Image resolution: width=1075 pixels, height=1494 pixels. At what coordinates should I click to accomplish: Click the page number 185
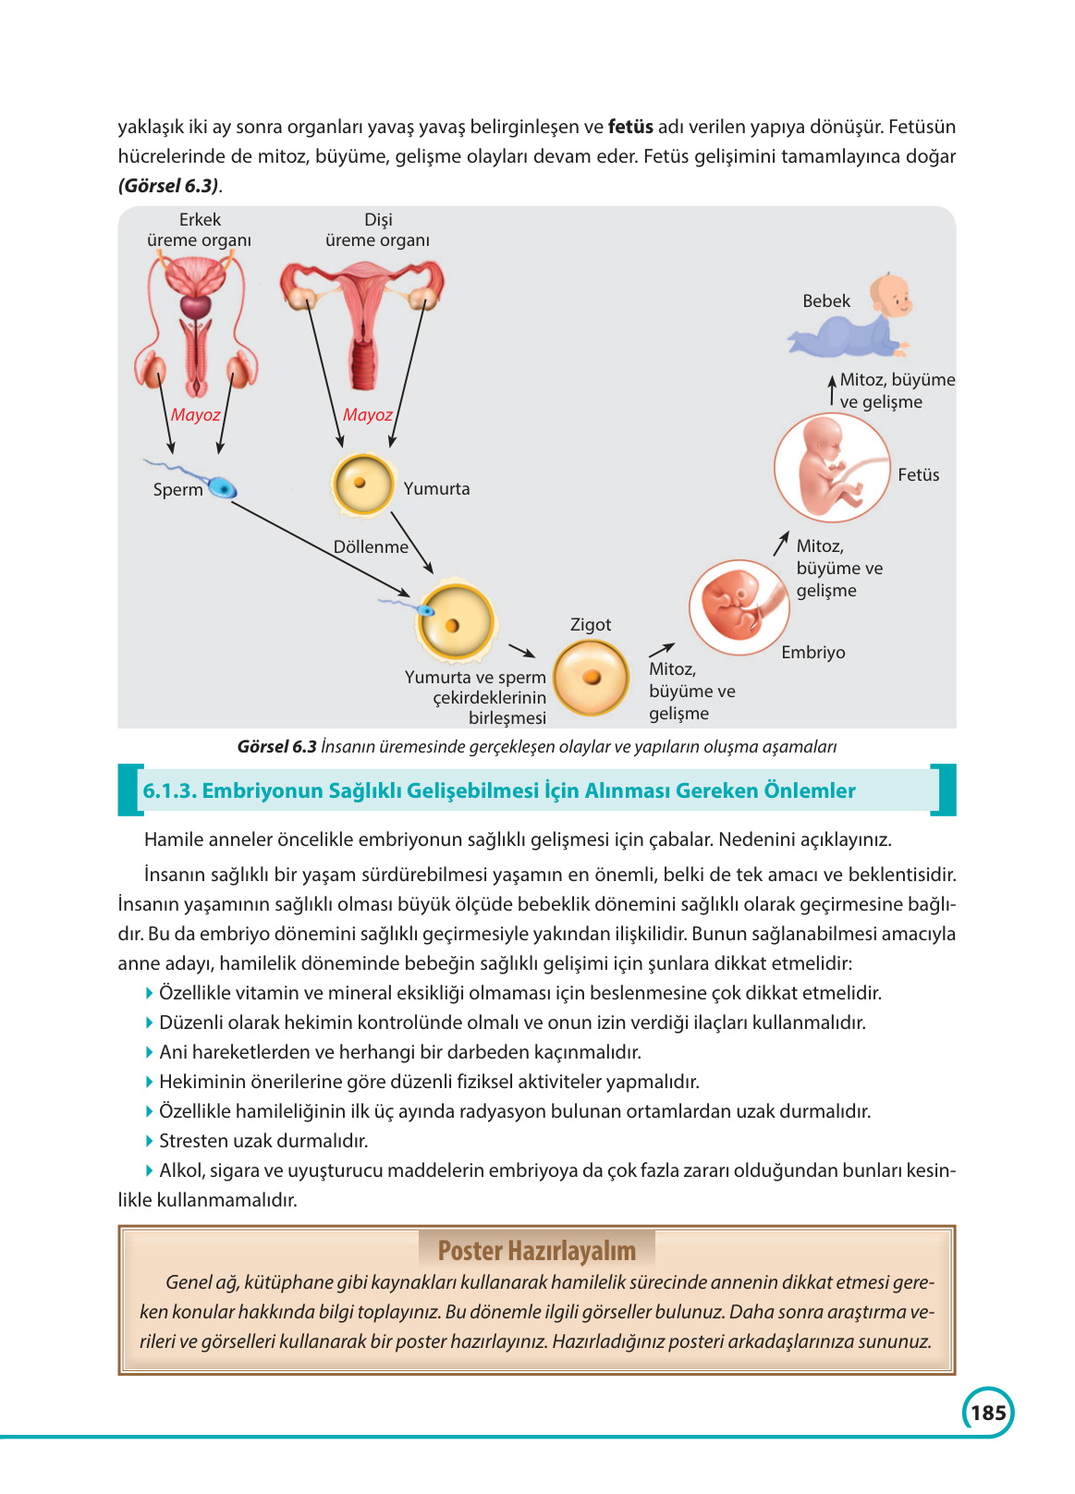tap(988, 1413)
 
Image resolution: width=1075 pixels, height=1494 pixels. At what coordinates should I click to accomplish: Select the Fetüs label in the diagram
tap(918, 475)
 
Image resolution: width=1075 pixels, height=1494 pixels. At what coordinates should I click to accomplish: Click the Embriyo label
tap(812, 653)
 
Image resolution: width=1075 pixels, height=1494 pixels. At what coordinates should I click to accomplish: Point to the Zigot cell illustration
tap(592, 679)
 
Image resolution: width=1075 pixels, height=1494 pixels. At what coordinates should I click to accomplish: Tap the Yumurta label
tap(436, 489)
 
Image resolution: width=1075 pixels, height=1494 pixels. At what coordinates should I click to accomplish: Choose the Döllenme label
tap(371, 547)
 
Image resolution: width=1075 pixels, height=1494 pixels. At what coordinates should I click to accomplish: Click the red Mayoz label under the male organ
tap(196, 415)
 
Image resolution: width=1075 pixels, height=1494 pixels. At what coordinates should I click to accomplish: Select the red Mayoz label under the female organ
tap(367, 415)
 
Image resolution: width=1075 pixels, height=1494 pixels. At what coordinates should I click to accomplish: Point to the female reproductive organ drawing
tap(362, 319)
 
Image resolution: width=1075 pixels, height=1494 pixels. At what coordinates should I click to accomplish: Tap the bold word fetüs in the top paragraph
tap(630, 127)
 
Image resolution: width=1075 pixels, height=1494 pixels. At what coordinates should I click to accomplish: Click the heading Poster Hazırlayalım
tap(536, 1251)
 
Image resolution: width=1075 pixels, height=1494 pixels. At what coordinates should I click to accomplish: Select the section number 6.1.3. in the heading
tap(169, 791)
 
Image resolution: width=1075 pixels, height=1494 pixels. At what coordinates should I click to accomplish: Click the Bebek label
tap(826, 301)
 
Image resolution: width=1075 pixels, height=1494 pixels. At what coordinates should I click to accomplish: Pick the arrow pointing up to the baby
tap(832, 390)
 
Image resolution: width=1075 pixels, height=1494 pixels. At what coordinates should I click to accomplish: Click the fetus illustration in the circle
tap(831, 469)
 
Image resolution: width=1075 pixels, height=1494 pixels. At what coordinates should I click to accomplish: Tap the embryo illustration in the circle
tap(738, 606)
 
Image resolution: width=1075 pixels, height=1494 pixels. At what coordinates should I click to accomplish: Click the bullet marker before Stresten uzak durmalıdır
tap(150, 1141)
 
